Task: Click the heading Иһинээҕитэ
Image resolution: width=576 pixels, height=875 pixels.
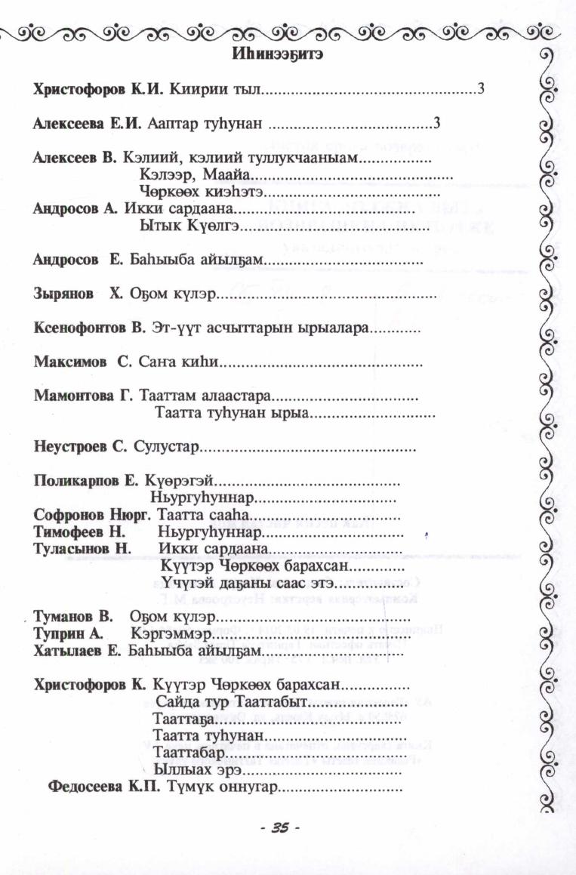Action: coord(276,55)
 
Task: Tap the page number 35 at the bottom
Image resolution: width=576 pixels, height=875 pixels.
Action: coord(279,828)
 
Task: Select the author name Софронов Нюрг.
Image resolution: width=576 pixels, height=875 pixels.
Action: coord(93,515)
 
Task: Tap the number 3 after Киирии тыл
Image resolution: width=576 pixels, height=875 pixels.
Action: coord(479,90)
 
